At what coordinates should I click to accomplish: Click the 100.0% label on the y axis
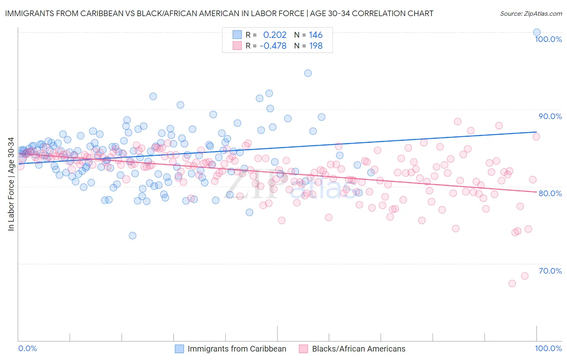(x=548, y=39)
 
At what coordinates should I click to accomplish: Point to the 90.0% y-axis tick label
(x=550, y=116)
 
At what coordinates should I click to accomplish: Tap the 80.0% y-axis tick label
(x=550, y=193)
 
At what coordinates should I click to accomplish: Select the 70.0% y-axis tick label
(x=550, y=271)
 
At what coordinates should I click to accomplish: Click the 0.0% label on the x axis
(x=27, y=349)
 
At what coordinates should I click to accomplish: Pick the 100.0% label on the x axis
(x=548, y=349)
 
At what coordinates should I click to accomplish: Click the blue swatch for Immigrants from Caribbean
(x=179, y=349)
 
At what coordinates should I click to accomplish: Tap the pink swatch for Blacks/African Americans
(x=303, y=349)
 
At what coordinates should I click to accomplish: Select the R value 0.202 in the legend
(x=275, y=35)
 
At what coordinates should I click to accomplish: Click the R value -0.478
(x=273, y=46)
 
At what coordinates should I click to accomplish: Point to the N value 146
(x=315, y=35)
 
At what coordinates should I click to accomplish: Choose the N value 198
(x=315, y=46)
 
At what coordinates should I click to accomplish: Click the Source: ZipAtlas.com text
(x=531, y=14)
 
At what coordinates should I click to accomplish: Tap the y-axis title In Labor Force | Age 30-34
(x=11, y=184)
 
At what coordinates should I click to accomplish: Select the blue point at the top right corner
(x=537, y=32)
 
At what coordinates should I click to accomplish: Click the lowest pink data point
(x=512, y=283)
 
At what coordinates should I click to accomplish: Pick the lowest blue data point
(x=132, y=236)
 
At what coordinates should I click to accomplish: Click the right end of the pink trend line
(x=536, y=192)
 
